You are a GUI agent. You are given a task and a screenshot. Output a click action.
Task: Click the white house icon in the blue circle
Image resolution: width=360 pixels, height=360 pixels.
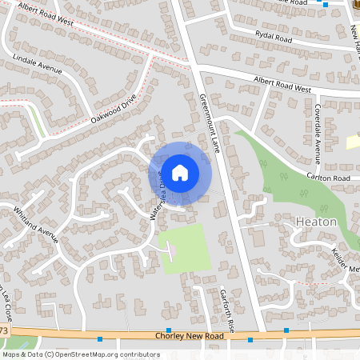coord(180,172)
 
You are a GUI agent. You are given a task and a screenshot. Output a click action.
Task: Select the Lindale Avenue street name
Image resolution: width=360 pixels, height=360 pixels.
coord(38,65)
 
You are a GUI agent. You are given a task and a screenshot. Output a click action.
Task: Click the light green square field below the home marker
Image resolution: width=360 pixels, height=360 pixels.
coord(186,250)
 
